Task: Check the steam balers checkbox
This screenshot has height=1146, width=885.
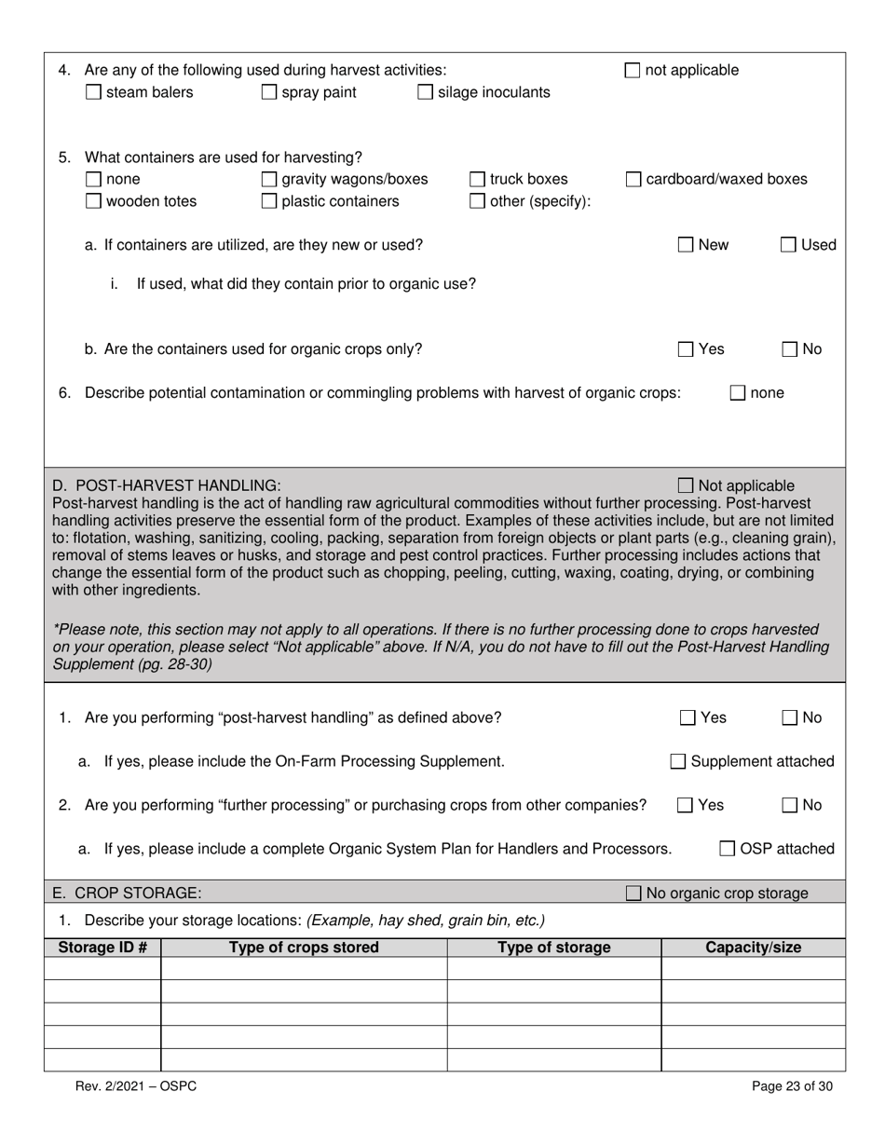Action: [x=93, y=92]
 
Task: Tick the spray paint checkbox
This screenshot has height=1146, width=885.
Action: [x=269, y=92]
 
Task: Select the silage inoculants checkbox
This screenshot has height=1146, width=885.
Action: [x=425, y=92]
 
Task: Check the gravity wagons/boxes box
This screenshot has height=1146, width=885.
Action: [x=269, y=179]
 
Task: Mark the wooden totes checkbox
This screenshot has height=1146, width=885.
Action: [x=93, y=201]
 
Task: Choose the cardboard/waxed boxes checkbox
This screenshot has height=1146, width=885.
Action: [x=633, y=179]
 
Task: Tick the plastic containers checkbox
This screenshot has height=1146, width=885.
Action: [x=269, y=201]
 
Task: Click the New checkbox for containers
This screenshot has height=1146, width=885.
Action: [x=686, y=245]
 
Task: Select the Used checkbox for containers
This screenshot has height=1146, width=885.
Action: [x=788, y=245]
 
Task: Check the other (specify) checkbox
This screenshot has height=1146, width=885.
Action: [x=477, y=201]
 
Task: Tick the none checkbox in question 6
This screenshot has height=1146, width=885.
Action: [x=738, y=393]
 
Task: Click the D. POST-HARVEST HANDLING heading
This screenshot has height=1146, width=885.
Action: [x=166, y=485]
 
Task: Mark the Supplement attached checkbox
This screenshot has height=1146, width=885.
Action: [x=678, y=762]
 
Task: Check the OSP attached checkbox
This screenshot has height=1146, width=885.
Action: [x=728, y=849]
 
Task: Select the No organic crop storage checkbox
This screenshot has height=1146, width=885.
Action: [x=633, y=894]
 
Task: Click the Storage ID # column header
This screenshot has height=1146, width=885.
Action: [x=102, y=948]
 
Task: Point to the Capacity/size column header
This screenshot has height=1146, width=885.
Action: [x=753, y=948]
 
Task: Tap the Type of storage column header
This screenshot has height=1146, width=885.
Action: [x=553, y=948]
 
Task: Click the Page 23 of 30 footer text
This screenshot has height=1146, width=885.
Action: [x=792, y=1085]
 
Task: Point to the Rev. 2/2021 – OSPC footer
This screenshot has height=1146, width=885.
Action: [x=136, y=1085]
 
